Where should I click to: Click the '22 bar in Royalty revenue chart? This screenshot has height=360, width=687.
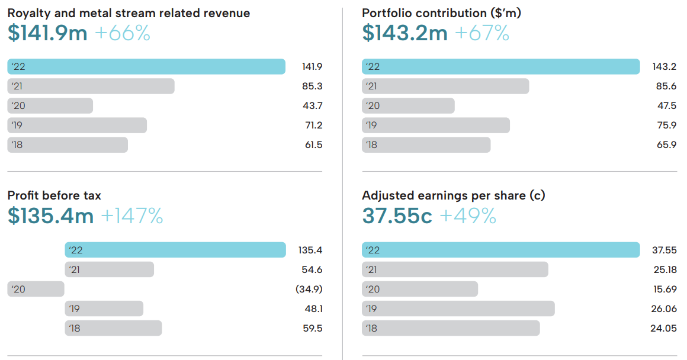[146, 66]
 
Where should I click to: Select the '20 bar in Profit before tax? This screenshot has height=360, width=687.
[36, 289]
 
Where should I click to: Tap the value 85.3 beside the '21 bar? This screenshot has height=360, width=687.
[312, 86]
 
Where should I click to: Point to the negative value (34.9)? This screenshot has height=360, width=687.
[309, 290]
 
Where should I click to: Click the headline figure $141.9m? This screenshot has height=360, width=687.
[47, 33]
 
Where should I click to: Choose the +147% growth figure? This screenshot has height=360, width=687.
[132, 217]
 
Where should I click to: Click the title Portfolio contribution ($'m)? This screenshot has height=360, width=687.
[441, 13]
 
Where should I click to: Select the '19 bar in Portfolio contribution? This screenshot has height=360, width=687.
[435, 125]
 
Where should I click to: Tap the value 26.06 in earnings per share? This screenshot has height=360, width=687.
[663, 309]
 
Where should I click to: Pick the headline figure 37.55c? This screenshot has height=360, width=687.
[397, 217]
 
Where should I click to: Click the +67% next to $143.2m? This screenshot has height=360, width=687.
[482, 33]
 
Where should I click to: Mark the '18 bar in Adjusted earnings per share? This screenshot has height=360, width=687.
[451, 328]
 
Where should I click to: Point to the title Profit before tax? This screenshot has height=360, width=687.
[54, 195]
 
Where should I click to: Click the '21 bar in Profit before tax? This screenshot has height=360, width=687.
[109, 269]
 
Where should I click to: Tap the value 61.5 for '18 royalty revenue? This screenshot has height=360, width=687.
[312, 145]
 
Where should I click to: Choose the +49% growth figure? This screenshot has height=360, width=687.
[468, 217]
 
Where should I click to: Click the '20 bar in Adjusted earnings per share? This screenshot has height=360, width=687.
[420, 289]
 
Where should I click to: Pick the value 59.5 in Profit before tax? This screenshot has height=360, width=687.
[312, 329]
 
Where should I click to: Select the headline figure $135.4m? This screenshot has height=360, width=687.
[51, 217]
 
